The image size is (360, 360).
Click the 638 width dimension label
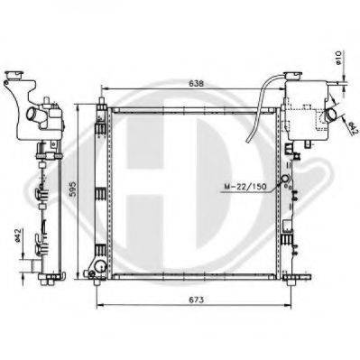[197, 84]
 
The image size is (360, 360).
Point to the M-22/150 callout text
[245, 187]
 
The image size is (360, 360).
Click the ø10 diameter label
[337, 58]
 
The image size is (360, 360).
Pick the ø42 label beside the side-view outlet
[17, 235]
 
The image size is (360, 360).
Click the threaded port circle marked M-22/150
[285, 180]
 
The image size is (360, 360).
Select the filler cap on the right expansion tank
[293, 75]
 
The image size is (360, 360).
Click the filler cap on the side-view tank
[14, 74]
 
